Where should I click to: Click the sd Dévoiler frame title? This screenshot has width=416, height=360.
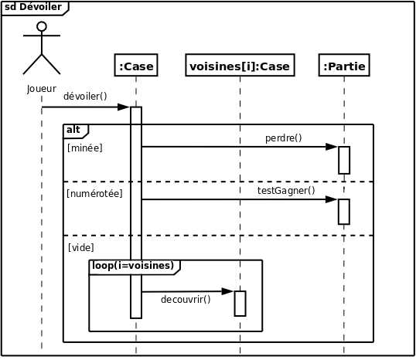(33, 8)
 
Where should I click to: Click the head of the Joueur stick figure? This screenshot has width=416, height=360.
(42, 26)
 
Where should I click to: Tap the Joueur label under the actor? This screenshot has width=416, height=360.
(42, 89)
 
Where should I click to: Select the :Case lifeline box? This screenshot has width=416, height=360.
(136, 66)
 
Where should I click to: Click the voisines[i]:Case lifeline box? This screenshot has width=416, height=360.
(240, 66)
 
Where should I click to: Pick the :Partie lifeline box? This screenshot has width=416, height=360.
(344, 66)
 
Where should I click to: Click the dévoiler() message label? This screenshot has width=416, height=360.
(85, 97)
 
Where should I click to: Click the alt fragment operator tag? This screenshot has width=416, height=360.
(74, 130)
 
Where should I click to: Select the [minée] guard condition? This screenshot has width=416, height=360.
(85, 147)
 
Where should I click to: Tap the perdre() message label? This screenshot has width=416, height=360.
(283, 138)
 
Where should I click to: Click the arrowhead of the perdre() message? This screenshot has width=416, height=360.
(332, 147)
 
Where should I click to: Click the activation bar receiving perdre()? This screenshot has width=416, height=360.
(344, 160)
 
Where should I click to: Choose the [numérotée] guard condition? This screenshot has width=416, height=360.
(95, 193)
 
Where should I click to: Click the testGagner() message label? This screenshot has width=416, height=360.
(286, 190)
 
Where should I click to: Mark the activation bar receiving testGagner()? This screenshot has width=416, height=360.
(344, 212)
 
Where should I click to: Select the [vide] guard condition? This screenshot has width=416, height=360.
(81, 247)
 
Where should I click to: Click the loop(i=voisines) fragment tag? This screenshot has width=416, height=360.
(133, 266)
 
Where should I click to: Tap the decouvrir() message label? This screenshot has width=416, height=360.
(186, 299)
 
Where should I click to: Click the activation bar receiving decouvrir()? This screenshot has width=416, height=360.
(240, 303)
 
